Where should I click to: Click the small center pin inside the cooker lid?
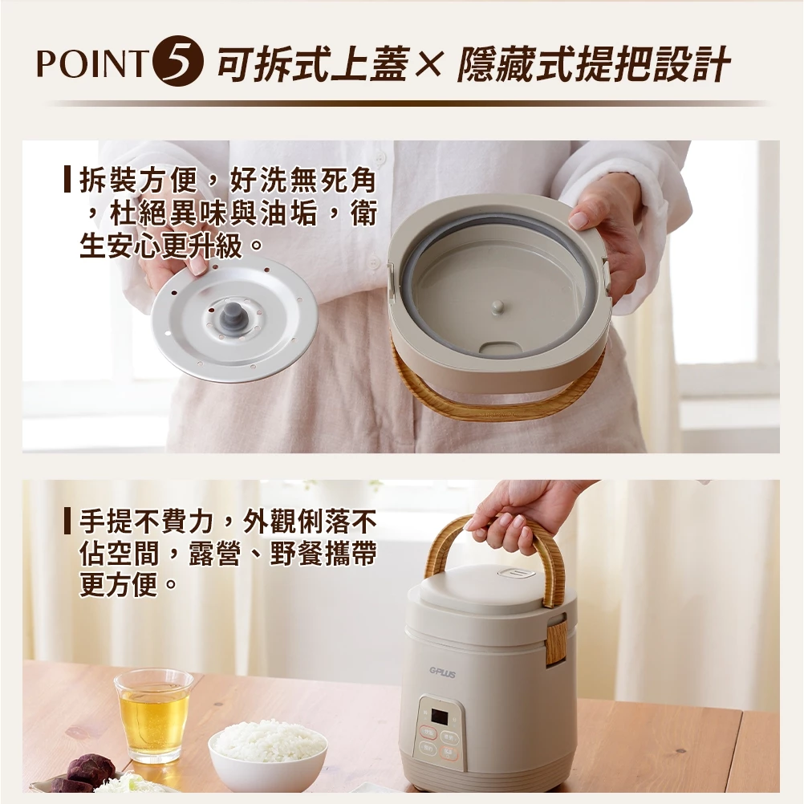tap(497, 307)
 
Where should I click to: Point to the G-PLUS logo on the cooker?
tap(441, 674)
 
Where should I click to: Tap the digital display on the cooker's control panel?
tap(439, 715)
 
